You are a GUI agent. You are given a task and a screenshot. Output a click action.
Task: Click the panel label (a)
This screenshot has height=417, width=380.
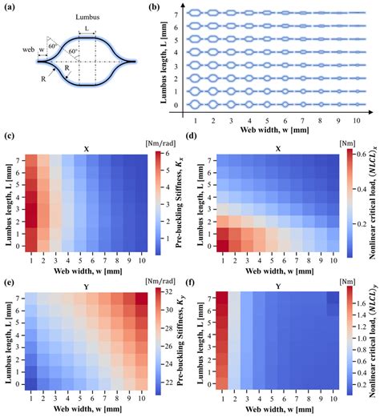pyautogui.click(x=10, y=7)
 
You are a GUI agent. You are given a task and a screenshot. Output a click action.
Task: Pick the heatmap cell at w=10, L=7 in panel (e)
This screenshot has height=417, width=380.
pyautogui.click(x=139, y=299)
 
